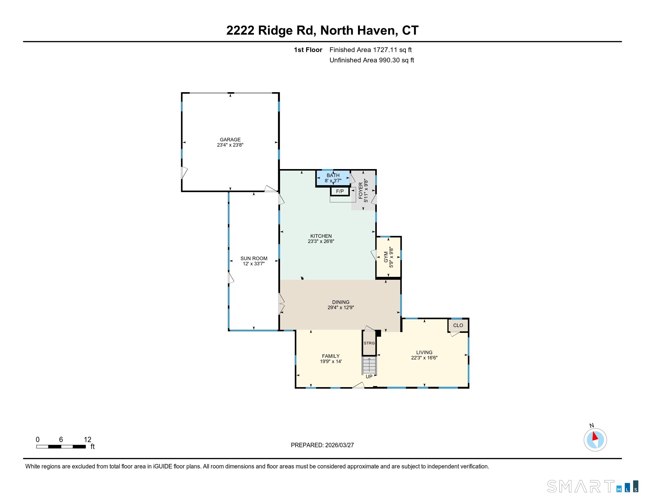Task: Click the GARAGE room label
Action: (x=230, y=139)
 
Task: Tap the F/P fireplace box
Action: (x=340, y=191)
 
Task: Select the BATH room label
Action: (x=333, y=175)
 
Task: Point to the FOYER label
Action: (x=361, y=191)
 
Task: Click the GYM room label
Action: (x=386, y=257)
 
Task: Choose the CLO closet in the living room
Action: (x=458, y=325)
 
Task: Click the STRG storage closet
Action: (x=369, y=343)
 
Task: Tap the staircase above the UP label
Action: (x=369, y=365)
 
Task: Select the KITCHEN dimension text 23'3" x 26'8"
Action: (x=321, y=241)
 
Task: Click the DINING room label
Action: (x=340, y=302)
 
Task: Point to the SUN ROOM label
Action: (x=254, y=258)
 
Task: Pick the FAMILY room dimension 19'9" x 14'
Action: (x=331, y=361)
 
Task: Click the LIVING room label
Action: (x=424, y=352)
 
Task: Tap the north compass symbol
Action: (x=595, y=440)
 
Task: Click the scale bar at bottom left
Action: (x=61, y=447)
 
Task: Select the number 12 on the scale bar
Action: (x=87, y=440)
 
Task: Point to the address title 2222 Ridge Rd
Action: (x=322, y=31)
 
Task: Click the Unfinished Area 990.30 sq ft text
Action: (x=371, y=60)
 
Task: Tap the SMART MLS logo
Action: (x=592, y=487)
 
